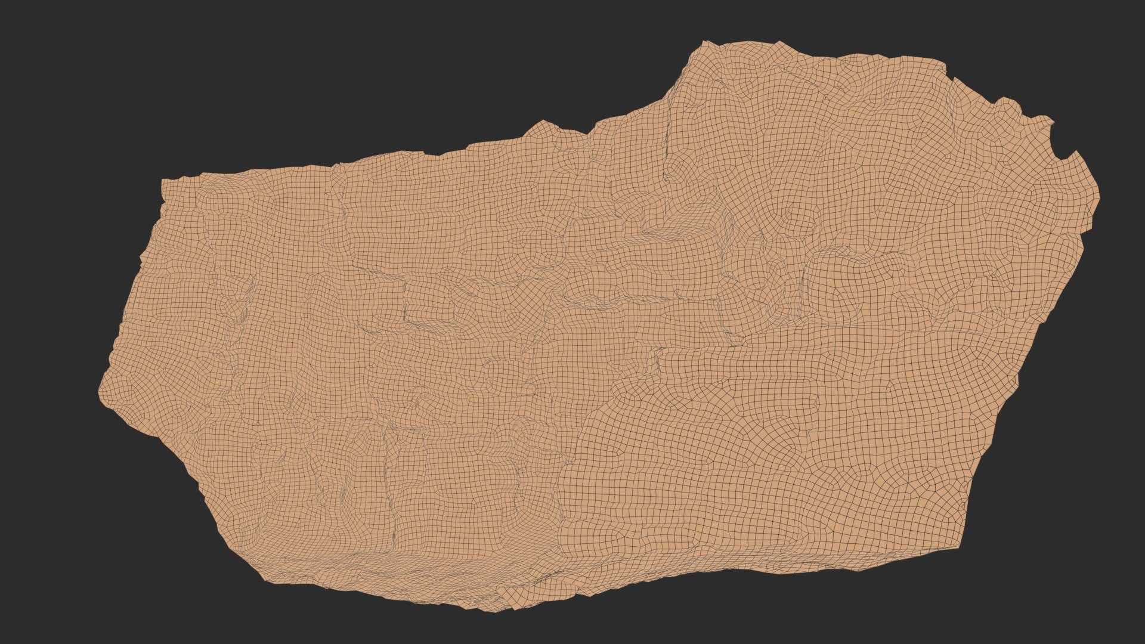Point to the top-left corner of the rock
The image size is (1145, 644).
point(163,180)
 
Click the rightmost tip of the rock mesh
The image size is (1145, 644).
point(1099,197)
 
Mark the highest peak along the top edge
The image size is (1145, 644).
point(705,42)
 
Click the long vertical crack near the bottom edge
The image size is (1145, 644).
point(391,489)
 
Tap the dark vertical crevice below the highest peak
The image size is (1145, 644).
point(668,149)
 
